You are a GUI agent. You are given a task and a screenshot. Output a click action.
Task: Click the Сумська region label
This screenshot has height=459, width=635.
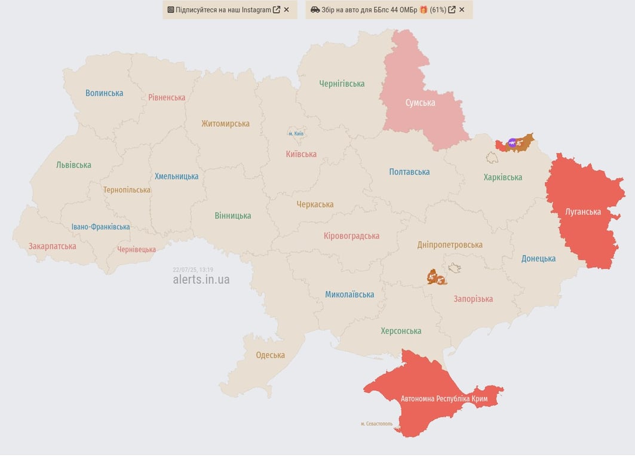click(x=420, y=103)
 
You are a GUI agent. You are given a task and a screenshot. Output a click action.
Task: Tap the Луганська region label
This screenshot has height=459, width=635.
click(x=583, y=212)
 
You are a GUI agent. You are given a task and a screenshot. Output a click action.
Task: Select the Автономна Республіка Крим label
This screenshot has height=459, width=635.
click(x=444, y=399)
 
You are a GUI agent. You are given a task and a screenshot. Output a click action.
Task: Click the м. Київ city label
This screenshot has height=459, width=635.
click(x=296, y=133)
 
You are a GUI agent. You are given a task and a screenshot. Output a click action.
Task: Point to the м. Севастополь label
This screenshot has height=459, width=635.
click(x=376, y=424)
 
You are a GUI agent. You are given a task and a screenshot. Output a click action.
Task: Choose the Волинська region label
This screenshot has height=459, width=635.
click(x=104, y=93)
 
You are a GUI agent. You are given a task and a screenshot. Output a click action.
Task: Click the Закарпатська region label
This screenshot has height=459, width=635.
click(x=52, y=246)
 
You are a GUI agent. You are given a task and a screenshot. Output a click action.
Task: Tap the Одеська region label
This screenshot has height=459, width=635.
click(x=270, y=355)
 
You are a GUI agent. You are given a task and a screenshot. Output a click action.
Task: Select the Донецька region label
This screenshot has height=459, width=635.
click(x=538, y=259)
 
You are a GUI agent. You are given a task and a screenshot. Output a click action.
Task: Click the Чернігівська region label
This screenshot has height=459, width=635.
click(x=342, y=84)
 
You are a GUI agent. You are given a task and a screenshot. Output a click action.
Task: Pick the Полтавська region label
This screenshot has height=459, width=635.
click(x=409, y=172)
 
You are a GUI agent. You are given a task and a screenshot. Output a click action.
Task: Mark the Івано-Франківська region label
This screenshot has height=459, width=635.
click(x=100, y=227)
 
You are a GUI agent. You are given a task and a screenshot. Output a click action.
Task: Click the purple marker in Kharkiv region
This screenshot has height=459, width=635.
click(x=512, y=142)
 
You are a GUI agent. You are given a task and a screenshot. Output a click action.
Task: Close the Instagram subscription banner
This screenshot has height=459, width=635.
click(x=286, y=10)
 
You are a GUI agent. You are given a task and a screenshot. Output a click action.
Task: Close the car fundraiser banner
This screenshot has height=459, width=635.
click(x=462, y=10)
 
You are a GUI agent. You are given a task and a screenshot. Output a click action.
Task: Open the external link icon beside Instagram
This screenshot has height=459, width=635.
click(x=277, y=10)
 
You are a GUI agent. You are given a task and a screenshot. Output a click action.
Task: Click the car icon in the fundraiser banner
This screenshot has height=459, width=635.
click(x=315, y=10)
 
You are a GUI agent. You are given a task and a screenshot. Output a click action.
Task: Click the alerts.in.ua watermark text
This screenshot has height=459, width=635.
click(x=201, y=280)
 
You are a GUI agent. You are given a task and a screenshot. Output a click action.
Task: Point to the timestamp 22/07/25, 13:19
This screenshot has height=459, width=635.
click(x=192, y=270)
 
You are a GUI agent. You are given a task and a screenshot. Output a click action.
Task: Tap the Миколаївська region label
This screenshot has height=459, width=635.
click(x=349, y=295)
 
